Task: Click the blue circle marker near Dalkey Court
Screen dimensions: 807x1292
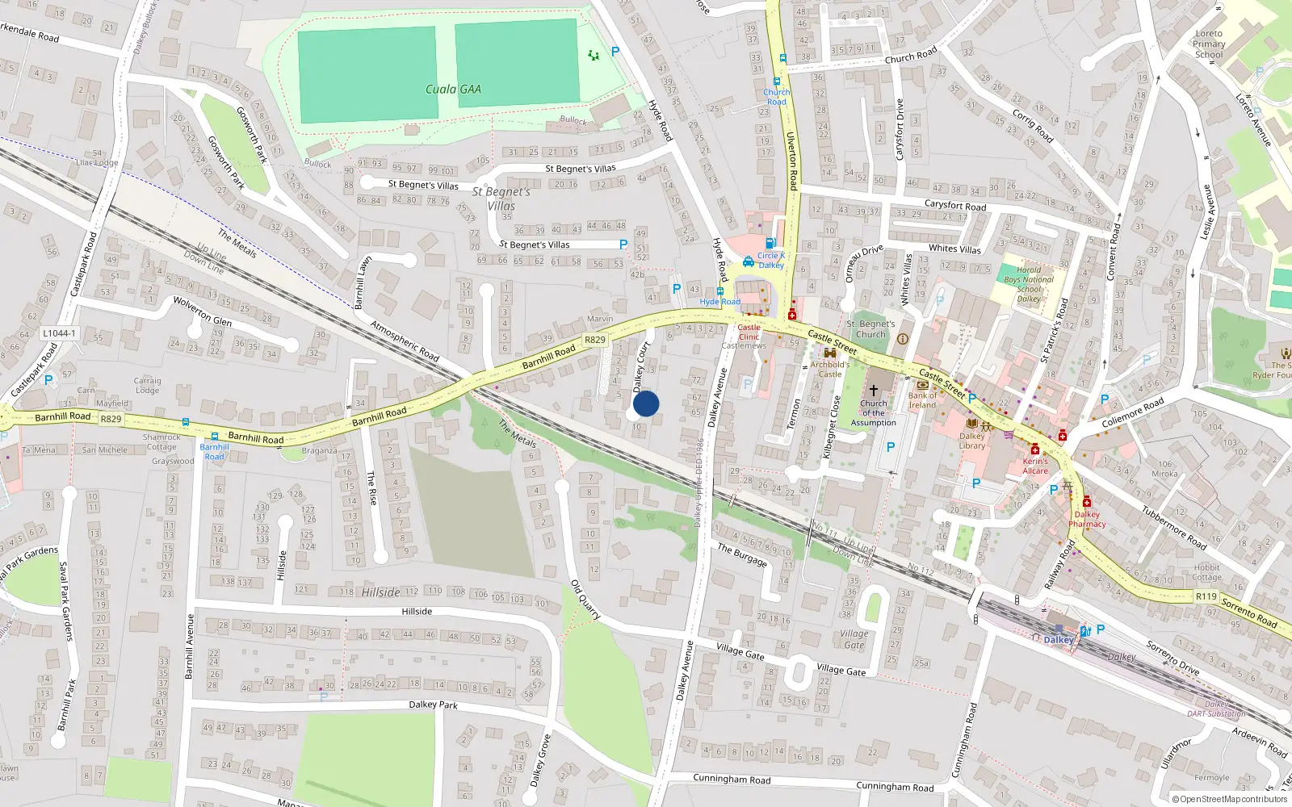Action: [646, 403]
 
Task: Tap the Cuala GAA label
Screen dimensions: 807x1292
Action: [453, 90]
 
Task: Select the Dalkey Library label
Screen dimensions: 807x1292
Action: [972, 441]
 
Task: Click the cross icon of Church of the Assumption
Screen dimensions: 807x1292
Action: [873, 390]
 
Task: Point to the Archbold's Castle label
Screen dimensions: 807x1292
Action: [830, 369]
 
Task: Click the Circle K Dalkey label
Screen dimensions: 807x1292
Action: [771, 260]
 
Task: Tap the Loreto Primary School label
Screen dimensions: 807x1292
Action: [1209, 44]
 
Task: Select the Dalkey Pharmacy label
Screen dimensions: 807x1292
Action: [1087, 519]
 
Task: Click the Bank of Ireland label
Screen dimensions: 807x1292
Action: [922, 400]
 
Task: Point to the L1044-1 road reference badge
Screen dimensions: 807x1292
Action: [59, 333]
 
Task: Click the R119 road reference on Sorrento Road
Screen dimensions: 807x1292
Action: [1206, 596]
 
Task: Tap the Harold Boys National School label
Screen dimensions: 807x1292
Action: [1029, 284]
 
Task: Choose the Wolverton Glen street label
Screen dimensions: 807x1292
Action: [203, 311]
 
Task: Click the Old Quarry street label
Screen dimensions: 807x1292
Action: [585, 599]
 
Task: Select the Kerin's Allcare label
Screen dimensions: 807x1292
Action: [1035, 466]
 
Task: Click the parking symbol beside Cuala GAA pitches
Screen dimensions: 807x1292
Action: [615, 52]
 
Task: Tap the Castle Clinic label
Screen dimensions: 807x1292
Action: [749, 332]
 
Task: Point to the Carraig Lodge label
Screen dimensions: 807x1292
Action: [147, 385]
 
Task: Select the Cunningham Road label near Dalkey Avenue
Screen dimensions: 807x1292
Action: [732, 779]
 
